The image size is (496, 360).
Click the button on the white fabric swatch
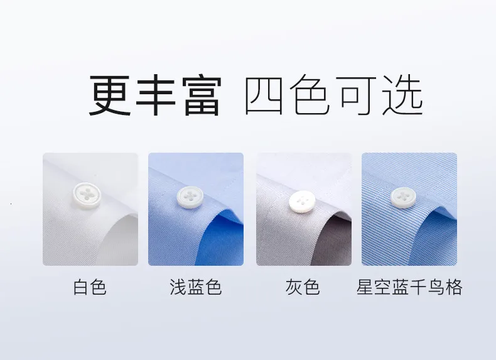[87, 195]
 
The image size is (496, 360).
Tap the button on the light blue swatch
[190, 197]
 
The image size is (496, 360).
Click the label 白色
[90, 287]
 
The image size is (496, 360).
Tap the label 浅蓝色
[195, 287]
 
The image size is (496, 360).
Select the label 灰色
[303, 287]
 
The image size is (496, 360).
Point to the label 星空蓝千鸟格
[409, 287]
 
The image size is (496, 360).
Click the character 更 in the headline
[110, 95]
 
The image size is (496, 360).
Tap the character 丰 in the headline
[156, 95]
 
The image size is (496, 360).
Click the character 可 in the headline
[357, 95]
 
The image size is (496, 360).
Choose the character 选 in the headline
[402, 95]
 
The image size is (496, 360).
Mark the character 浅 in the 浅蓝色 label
[178, 287]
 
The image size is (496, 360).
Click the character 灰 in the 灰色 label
[294, 287]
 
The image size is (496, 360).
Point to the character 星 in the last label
[365, 287]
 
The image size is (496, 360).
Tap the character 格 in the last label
[454, 287]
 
